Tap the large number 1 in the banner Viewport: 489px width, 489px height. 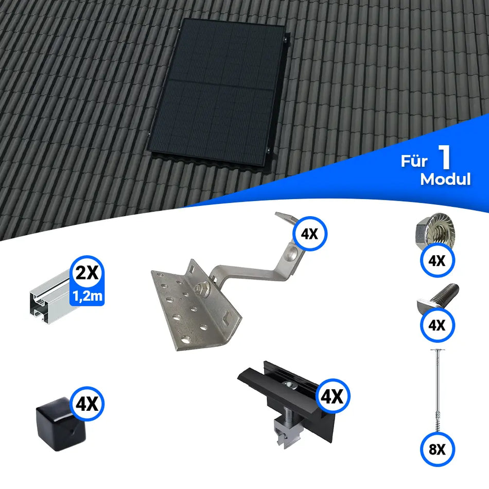coord(445,159)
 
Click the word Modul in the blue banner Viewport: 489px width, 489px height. coord(445,179)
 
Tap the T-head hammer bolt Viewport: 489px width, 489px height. coord(438,299)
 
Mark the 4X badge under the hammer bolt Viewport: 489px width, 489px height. coord(436,326)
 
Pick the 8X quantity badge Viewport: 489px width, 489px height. coord(436,449)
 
